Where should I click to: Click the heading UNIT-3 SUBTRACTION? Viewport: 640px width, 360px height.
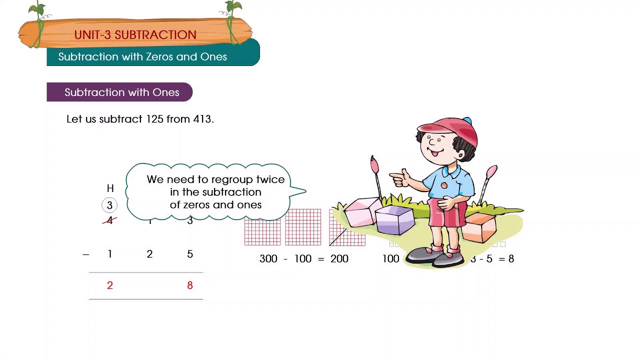(135, 35)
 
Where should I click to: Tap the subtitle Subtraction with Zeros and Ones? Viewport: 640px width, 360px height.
(142, 57)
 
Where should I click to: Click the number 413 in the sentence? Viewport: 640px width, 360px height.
(202, 119)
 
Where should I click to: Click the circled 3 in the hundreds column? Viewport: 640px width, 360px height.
(109, 205)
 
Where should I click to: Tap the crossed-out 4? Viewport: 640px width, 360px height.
(109, 220)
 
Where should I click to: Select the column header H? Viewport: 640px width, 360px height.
(110, 188)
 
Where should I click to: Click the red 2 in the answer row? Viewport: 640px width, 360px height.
(110, 285)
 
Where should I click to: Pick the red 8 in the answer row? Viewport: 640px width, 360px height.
(190, 285)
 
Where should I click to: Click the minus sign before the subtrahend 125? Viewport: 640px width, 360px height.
(86, 254)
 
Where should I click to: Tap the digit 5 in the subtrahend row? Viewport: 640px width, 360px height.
(190, 254)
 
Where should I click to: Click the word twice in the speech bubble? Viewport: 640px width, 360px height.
(270, 179)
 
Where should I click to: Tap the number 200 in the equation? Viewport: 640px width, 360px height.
(339, 259)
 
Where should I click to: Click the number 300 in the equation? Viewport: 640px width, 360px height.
(268, 259)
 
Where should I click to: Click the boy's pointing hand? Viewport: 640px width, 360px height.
(400, 177)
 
